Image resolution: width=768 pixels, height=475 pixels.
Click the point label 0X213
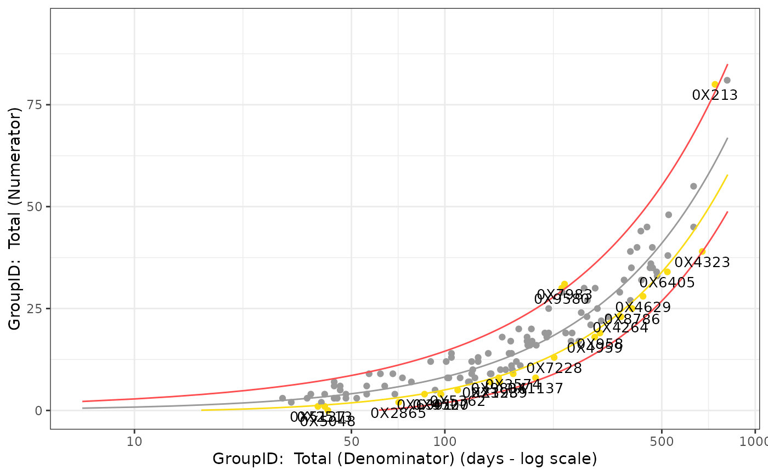715,95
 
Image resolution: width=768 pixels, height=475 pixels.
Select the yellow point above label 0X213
715,84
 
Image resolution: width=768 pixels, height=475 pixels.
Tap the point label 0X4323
702,263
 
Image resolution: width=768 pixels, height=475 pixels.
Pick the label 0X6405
667,283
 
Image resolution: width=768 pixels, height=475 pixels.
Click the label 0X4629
643,308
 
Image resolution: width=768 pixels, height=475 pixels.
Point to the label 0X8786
632,319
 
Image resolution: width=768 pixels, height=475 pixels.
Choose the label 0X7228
554,369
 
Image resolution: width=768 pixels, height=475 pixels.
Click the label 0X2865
398,414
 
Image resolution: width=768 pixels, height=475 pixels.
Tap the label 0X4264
620,328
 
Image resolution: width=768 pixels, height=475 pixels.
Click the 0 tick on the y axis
41,411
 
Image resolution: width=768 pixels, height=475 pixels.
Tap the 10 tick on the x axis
134,440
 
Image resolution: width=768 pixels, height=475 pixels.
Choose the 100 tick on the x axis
444,440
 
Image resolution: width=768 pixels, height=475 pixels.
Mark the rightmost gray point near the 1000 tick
727,80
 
